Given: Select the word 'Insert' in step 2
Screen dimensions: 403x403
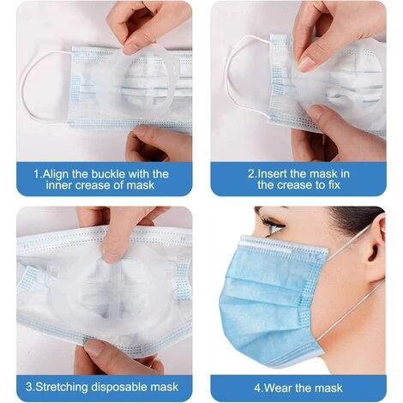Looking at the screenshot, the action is click(x=272, y=174).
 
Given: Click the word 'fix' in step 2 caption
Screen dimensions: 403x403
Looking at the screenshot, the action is click(x=334, y=185).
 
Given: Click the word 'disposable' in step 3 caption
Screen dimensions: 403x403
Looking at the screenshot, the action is click(x=118, y=387).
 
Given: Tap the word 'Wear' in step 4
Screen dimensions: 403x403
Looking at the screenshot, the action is click(x=277, y=388).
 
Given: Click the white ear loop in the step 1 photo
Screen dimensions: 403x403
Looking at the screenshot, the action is click(x=27, y=86).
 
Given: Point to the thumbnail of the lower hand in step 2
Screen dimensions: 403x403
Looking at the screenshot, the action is click(x=316, y=111).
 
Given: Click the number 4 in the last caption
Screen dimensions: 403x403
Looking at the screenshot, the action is click(x=257, y=388).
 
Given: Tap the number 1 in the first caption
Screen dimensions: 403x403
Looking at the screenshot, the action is click(x=37, y=174).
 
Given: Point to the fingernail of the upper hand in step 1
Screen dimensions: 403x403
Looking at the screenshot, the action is click(x=131, y=48).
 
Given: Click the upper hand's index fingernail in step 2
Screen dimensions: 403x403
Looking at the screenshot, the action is click(x=306, y=64).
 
